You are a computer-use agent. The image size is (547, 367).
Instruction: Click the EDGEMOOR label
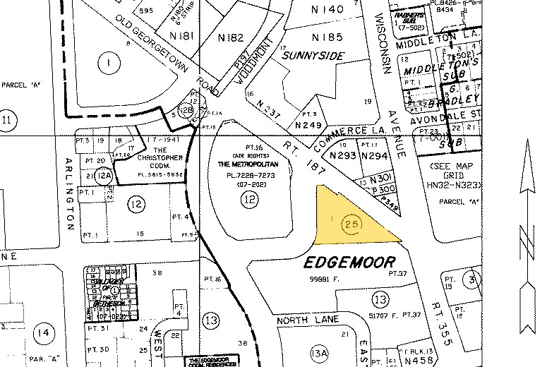[x=349, y=263]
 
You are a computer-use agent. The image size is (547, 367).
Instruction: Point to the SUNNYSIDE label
[x=313, y=54]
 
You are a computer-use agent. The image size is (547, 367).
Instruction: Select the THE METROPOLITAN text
[x=248, y=164]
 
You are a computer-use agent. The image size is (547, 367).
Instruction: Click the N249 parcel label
[x=308, y=125]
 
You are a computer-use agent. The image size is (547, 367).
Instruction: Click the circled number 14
[x=46, y=332]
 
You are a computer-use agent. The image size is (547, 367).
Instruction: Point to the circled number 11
[x=8, y=119]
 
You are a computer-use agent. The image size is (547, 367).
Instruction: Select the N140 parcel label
[x=327, y=9]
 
